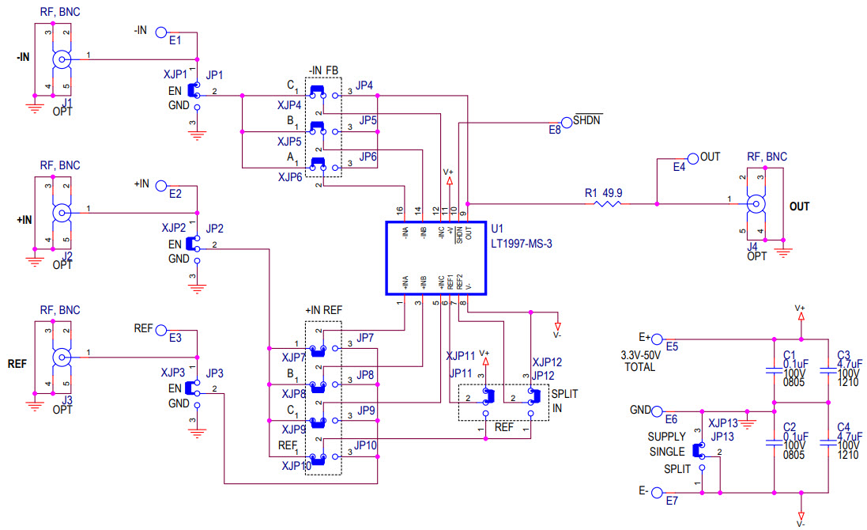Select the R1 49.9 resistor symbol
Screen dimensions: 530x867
click(x=609, y=203)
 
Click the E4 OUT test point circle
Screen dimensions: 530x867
click(x=692, y=157)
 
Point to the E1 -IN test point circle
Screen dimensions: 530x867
click(x=161, y=32)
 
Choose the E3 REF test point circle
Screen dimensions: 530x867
click(x=161, y=330)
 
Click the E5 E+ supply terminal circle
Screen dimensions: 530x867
click(x=657, y=338)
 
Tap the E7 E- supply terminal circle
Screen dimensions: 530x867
click(x=655, y=492)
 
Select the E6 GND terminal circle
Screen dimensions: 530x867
click(x=656, y=411)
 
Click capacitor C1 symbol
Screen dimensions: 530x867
click(x=773, y=369)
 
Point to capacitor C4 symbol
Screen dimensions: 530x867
click(x=827, y=443)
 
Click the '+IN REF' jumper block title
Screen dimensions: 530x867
click(x=323, y=310)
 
